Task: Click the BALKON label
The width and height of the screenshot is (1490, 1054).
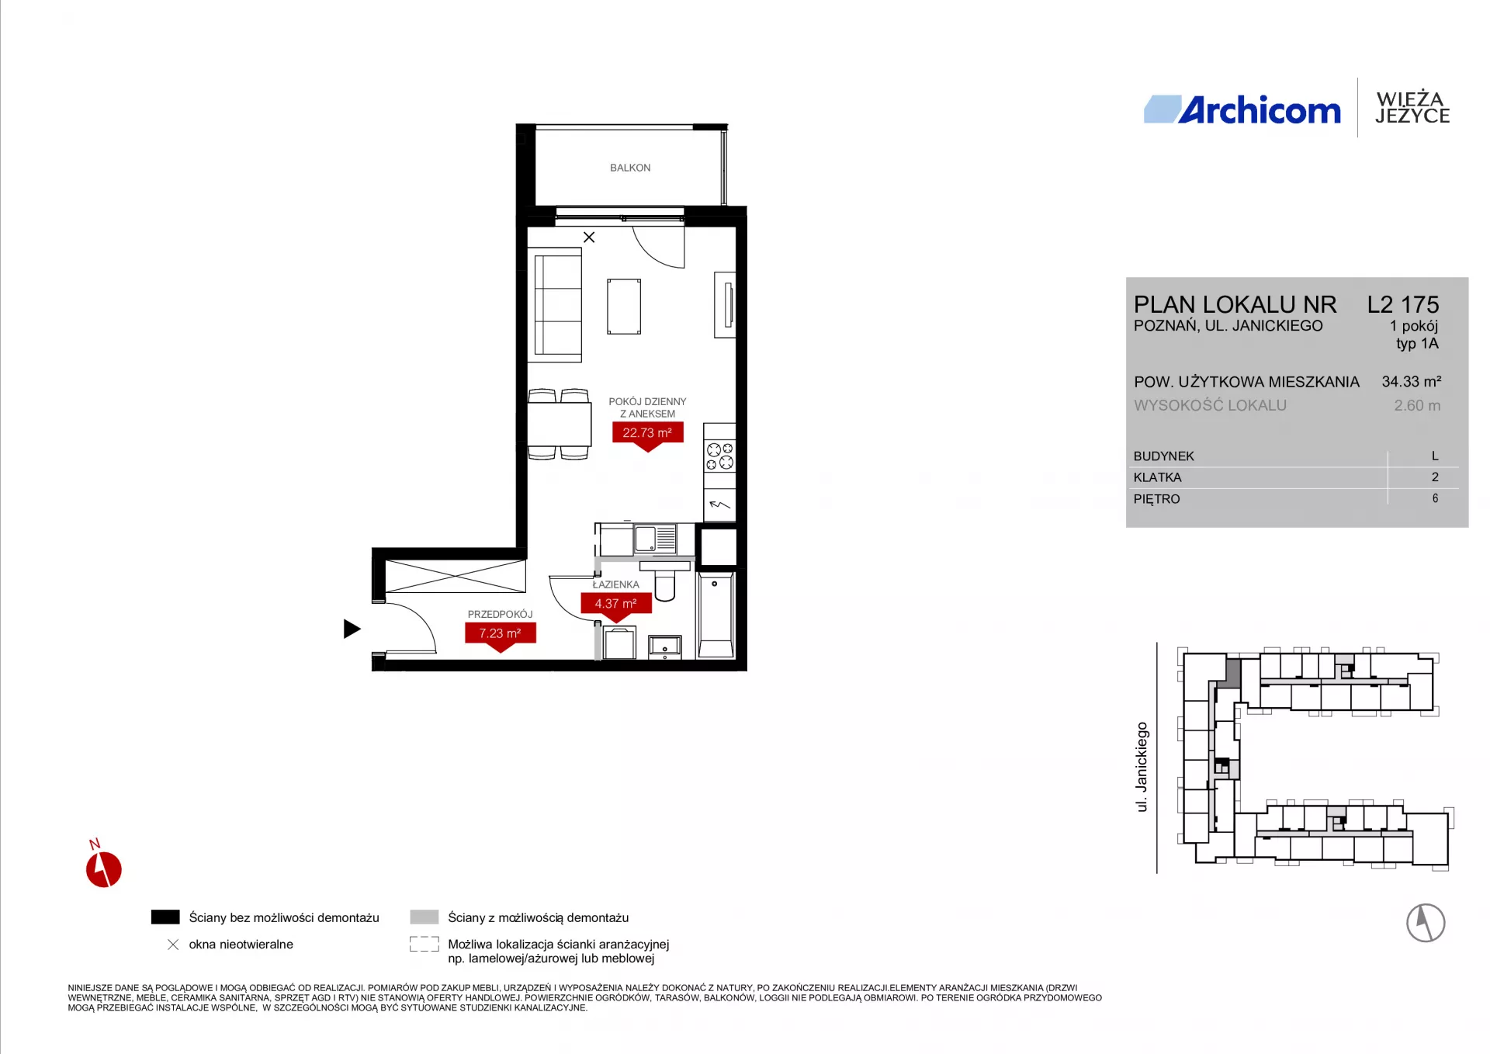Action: point(630,168)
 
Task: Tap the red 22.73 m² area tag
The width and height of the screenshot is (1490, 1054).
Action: point(648,435)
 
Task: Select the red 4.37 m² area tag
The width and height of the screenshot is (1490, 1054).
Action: point(616,605)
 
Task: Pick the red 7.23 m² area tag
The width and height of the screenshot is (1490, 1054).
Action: point(501,636)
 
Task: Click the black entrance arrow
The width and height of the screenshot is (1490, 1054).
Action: point(352,629)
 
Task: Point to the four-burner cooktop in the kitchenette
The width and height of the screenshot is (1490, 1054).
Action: point(719,456)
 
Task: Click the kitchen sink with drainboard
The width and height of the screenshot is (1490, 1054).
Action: point(656,538)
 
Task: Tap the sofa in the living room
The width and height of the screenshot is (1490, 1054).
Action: point(556,305)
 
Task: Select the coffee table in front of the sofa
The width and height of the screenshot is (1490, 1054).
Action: point(624,307)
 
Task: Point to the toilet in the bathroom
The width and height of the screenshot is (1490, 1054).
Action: point(665,581)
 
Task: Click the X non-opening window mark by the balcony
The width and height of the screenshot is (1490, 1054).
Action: point(589,237)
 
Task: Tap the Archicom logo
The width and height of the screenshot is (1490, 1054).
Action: point(1242,109)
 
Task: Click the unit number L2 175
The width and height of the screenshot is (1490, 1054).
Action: point(1403,304)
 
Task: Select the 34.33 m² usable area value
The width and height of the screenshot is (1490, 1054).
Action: point(1412,381)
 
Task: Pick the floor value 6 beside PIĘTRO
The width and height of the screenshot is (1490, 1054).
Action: point(1435,498)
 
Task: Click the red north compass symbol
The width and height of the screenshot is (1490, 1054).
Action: point(103,868)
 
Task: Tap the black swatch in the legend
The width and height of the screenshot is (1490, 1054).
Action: point(165,917)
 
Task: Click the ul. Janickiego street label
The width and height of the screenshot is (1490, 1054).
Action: point(1142,767)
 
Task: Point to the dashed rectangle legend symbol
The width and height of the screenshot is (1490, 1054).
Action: point(424,944)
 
